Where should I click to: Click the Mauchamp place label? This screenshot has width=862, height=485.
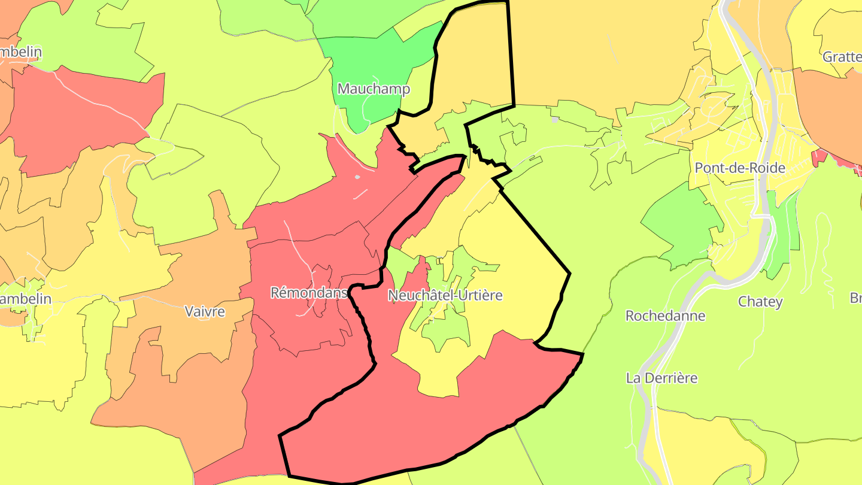point(374,89)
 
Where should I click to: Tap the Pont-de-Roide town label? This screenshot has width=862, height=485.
point(739,168)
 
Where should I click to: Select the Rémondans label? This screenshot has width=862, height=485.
point(309,293)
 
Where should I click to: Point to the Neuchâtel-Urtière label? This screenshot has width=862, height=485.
point(445,295)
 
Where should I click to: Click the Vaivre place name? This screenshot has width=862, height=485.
point(205,311)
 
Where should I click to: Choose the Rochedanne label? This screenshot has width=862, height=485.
point(665,316)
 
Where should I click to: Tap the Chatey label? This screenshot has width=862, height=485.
point(760,302)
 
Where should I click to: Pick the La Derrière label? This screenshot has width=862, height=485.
point(661,378)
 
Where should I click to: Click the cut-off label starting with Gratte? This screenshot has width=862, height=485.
point(842,56)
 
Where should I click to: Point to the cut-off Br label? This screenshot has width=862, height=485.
point(855,298)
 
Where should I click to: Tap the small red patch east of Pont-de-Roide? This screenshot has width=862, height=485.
point(819,157)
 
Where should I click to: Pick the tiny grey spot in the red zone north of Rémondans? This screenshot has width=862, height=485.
point(357,177)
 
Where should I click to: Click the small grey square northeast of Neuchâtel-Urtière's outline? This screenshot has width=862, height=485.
point(554,120)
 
